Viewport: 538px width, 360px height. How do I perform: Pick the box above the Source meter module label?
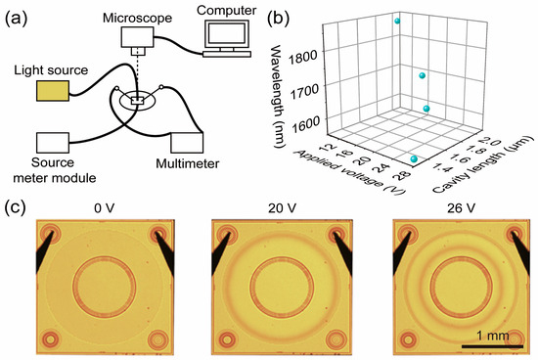[57, 145]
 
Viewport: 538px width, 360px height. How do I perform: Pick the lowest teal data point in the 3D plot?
[415, 158]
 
